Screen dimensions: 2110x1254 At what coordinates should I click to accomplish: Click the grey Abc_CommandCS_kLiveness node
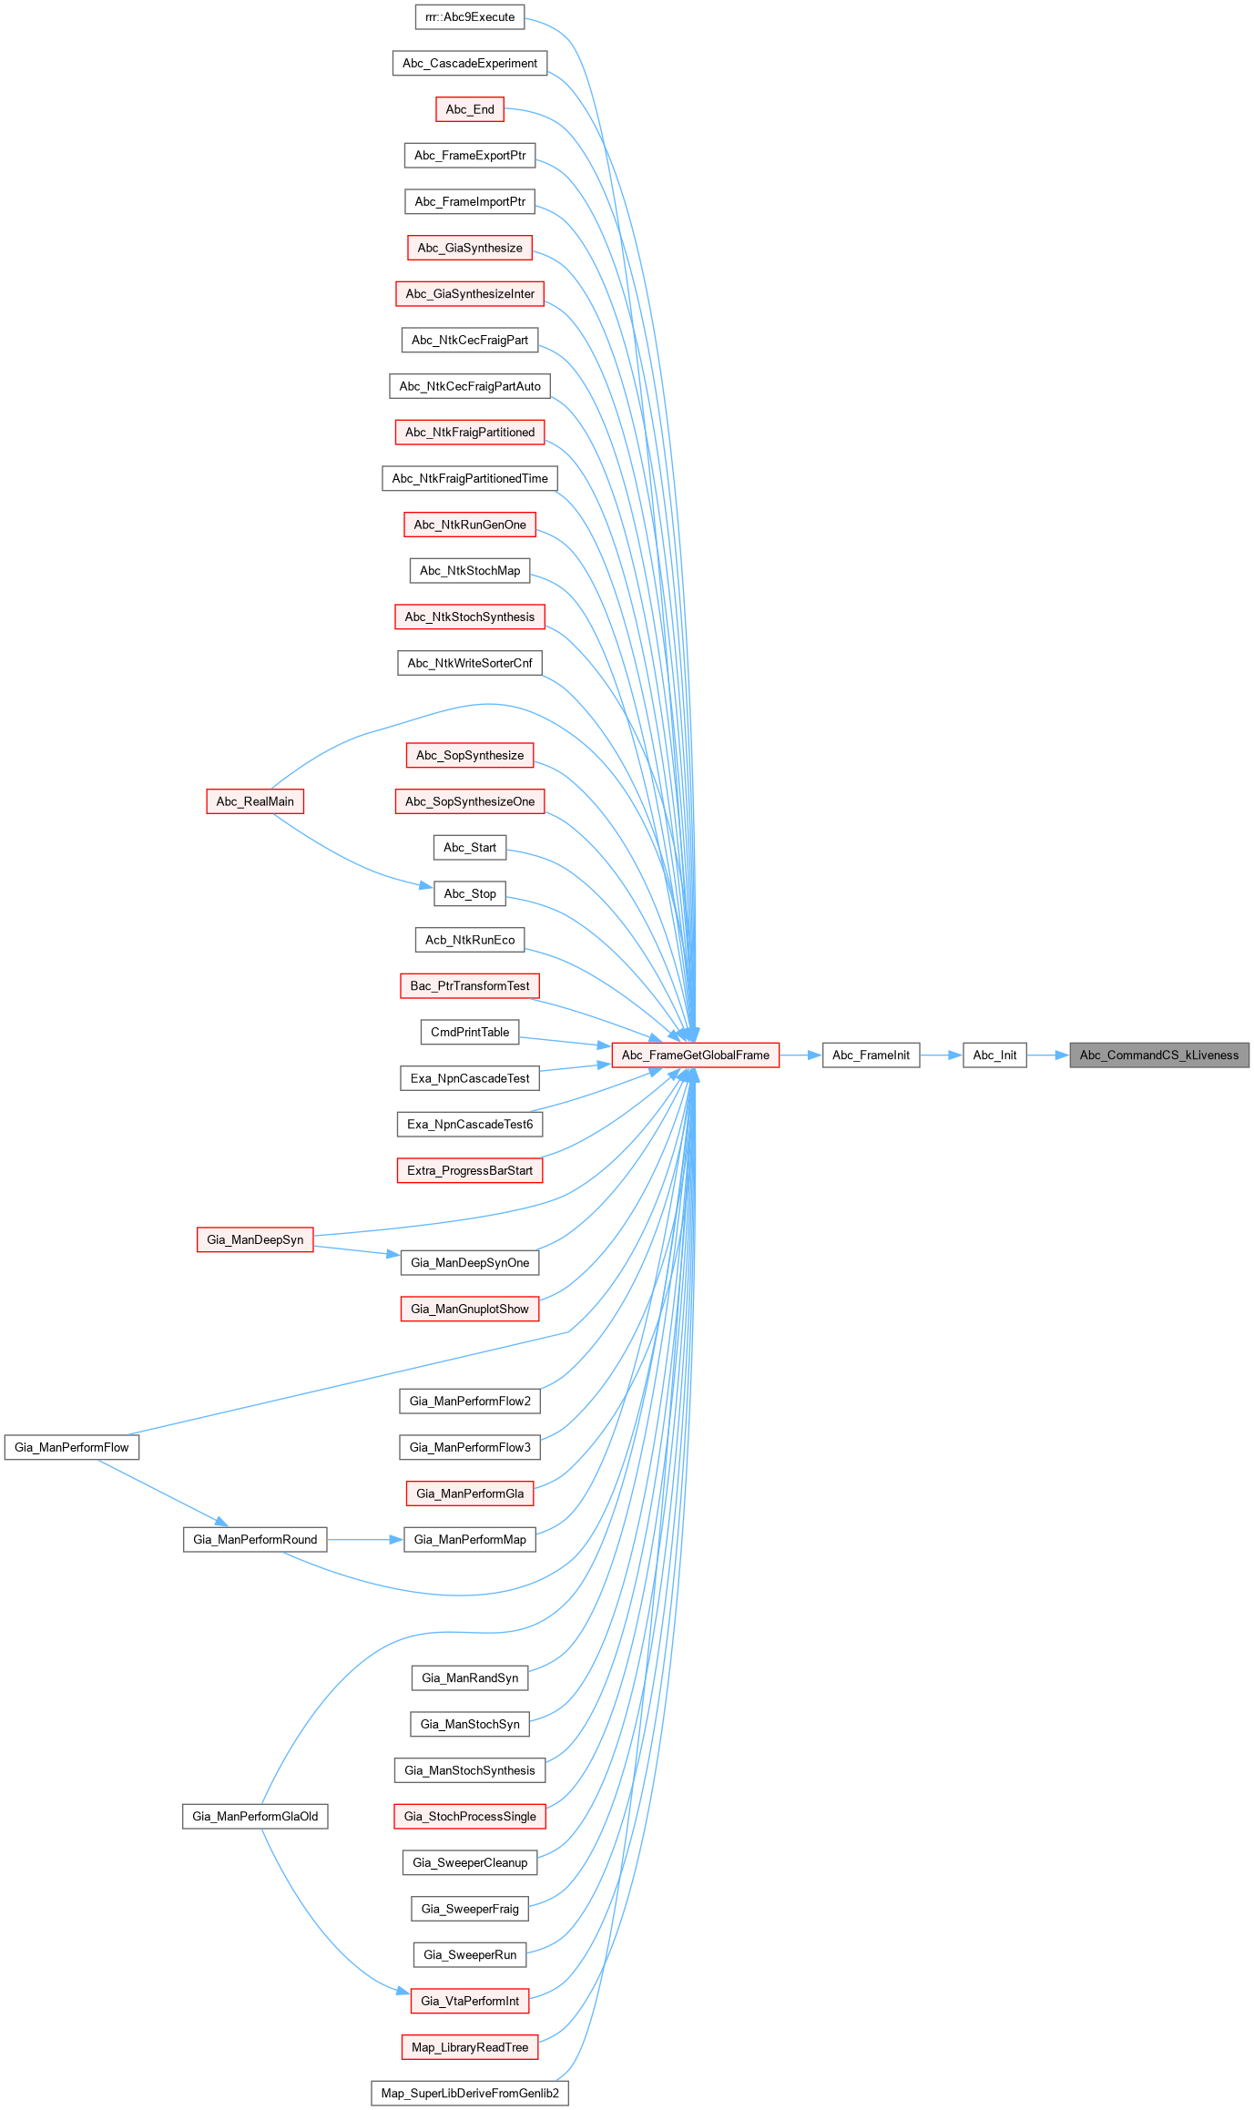[1158, 1055]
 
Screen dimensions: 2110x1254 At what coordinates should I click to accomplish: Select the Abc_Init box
[994, 1055]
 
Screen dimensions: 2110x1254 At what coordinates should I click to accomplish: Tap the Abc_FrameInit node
[871, 1055]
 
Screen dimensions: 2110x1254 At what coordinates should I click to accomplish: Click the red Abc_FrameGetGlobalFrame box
[696, 1055]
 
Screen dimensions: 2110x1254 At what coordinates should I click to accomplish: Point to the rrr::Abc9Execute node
[470, 17]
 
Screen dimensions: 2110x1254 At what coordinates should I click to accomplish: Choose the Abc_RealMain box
[255, 801]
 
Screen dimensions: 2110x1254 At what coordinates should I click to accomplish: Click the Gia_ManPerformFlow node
[72, 1447]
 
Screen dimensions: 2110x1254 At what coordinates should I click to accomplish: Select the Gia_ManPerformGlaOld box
[255, 1817]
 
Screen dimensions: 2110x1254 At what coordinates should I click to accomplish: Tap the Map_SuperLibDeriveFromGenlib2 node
[470, 2093]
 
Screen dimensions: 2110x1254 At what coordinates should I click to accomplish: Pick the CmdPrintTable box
[470, 1032]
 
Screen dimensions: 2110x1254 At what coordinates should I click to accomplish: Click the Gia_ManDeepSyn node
[255, 1239]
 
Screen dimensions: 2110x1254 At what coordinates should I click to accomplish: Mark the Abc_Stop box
[470, 893]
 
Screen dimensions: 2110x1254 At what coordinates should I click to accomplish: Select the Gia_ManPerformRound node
[255, 1540]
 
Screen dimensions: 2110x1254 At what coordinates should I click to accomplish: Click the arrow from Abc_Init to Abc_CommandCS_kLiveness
[1047, 1055]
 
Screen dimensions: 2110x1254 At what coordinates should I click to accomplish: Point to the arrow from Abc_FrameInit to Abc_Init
[941, 1055]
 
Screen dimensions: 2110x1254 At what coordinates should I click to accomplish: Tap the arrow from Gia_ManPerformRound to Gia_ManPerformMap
[364, 1540]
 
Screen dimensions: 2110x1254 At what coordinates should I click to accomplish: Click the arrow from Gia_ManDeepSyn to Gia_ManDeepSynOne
[356, 1250]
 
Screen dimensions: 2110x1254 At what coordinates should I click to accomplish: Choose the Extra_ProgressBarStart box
[470, 1170]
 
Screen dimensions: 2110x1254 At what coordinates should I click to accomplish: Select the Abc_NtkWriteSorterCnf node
[470, 663]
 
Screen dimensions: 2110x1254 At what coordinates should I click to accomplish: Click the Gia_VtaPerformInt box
[470, 2001]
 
